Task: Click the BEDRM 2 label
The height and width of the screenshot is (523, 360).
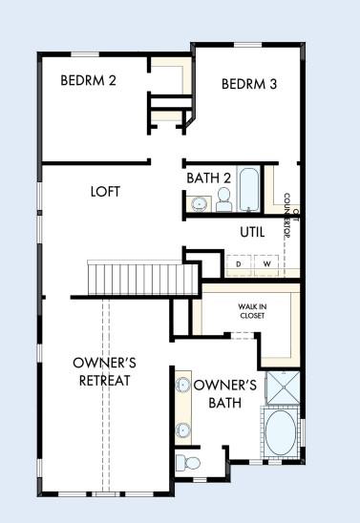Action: (x=88, y=80)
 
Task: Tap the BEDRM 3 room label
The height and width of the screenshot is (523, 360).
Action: (x=248, y=84)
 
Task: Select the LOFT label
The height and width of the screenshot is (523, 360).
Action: (x=105, y=191)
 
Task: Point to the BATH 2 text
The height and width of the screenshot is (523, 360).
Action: (x=209, y=177)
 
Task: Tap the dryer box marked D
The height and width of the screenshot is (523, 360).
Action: (x=239, y=263)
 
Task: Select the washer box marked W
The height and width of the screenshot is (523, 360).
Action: (x=266, y=263)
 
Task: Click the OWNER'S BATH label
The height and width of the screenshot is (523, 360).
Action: (x=225, y=394)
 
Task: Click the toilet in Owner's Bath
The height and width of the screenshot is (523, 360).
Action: (x=189, y=464)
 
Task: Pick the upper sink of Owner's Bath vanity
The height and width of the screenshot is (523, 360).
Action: (x=183, y=387)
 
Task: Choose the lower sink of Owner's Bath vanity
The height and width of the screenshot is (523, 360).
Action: (x=183, y=429)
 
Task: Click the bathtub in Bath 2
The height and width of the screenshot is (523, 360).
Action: (x=248, y=189)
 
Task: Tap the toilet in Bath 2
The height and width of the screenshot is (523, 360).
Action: (x=224, y=199)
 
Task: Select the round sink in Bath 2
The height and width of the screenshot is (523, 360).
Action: (x=199, y=202)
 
